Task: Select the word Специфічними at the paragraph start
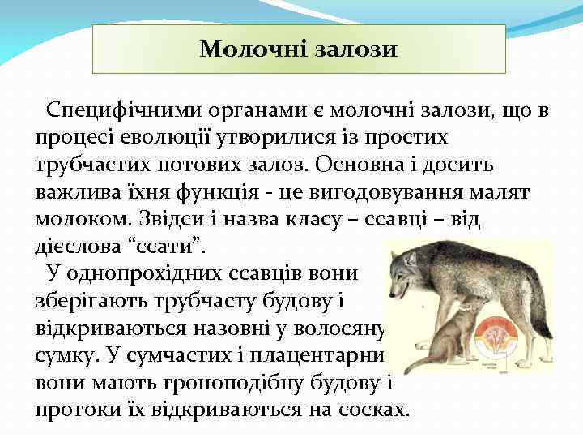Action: click(117, 110)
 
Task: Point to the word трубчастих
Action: click(87, 164)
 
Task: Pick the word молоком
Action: click(77, 218)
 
